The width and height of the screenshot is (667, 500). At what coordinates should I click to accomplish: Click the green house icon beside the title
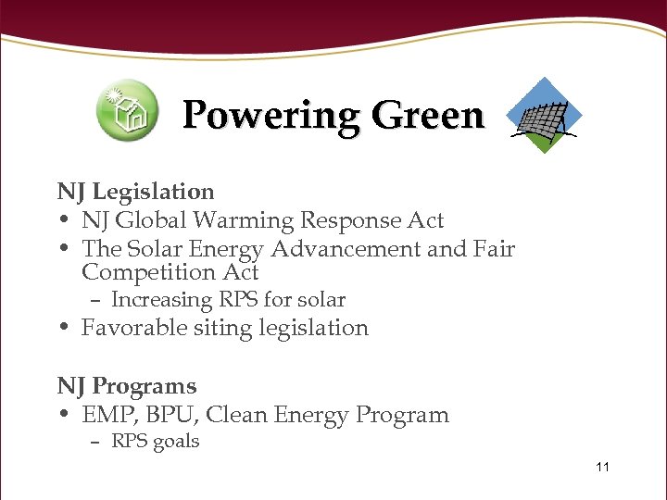pos(127,110)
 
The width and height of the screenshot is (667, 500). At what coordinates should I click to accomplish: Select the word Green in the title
pos(427,117)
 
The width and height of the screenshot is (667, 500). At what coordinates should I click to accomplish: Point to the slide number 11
pos(602,467)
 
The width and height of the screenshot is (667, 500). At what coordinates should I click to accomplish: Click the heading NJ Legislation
pos(135,192)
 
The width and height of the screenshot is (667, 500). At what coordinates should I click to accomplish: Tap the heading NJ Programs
pos(127,386)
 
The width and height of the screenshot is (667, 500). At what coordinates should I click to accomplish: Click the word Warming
pos(249,221)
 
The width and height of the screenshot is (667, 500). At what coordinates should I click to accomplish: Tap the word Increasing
pos(161,300)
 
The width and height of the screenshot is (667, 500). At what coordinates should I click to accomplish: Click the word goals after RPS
pos(176,442)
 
